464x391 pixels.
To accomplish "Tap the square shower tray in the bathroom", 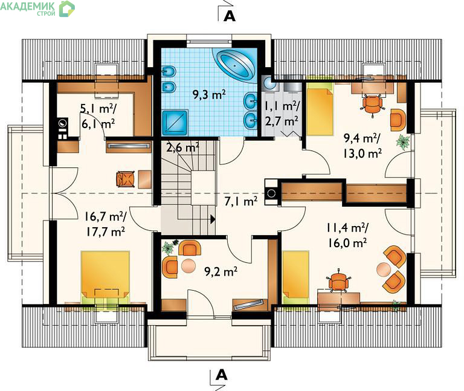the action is pyautogui.click(x=175, y=123).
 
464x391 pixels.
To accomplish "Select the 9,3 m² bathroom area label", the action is pyautogui.click(x=210, y=95).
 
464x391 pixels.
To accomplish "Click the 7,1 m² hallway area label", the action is pyautogui.click(x=240, y=202).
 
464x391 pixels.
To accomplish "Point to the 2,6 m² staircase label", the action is pyautogui.click(x=182, y=147).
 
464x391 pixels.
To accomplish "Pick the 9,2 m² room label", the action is pyautogui.click(x=221, y=271).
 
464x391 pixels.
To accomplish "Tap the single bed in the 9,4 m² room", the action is pyautogui.click(x=320, y=109).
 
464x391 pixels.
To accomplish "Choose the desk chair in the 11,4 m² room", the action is pyautogui.click(x=338, y=280).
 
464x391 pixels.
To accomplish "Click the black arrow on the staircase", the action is pyautogui.click(x=213, y=219).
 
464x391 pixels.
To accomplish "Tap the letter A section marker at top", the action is pyautogui.click(x=230, y=16).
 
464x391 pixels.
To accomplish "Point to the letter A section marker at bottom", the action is pyautogui.click(x=221, y=375).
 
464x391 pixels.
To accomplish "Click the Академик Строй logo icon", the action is pyautogui.click(x=67, y=9).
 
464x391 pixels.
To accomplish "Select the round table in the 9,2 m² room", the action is pyautogui.click(x=188, y=266).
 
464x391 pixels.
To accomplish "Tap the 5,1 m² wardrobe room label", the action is pyautogui.click(x=99, y=109).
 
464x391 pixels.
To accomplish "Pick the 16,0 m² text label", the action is pyautogui.click(x=347, y=243).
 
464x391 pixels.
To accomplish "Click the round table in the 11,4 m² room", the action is pyautogui.click(x=384, y=269).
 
